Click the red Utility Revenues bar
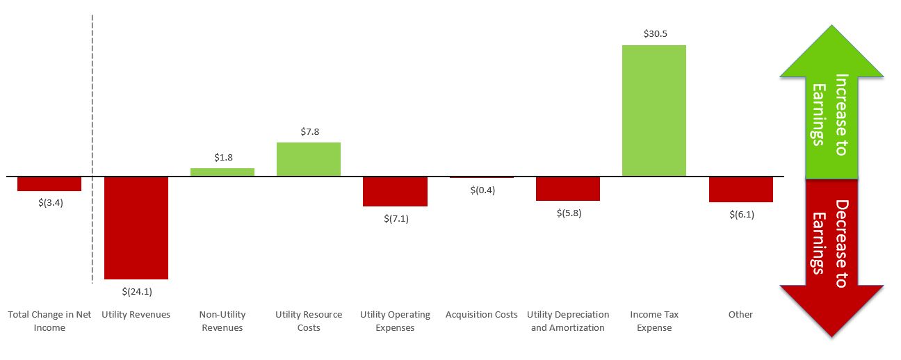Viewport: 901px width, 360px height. tap(136, 227)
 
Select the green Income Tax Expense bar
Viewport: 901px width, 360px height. tap(654, 110)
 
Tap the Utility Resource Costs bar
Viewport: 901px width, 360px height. tap(309, 158)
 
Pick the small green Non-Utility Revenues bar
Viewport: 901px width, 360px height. tap(222, 172)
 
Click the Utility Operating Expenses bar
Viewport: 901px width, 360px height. tap(395, 191)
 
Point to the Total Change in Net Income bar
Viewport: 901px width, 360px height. tap(49, 183)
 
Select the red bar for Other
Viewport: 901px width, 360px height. tap(741, 189)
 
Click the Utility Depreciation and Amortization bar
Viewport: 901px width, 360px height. tap(568, 188)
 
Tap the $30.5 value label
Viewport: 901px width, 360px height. tap(654, 33)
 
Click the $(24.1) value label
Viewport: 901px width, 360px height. tap(136, 291)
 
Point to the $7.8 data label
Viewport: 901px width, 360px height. tap(309, 131)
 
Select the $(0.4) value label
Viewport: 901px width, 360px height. tap(481, 190)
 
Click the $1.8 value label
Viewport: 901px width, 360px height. tap(223, 157)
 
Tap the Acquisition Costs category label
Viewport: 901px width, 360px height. tap(482, 314)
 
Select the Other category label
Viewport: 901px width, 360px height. tap(740, 314)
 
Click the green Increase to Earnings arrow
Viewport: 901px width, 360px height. tap(831, 104)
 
